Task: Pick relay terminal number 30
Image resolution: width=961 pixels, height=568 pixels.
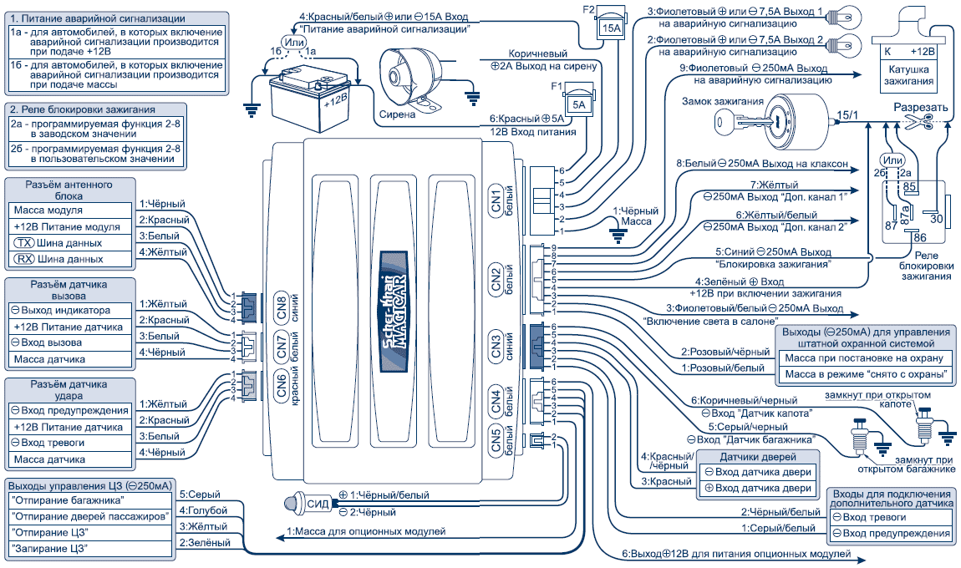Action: click(x=936, y=218)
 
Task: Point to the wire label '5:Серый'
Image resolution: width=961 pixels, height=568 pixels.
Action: click(x=194, y=494)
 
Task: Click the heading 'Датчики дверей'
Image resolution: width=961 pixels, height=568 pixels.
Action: click(x=755, y=457)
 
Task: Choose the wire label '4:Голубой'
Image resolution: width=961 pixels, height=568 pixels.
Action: click(x=199, y=510)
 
